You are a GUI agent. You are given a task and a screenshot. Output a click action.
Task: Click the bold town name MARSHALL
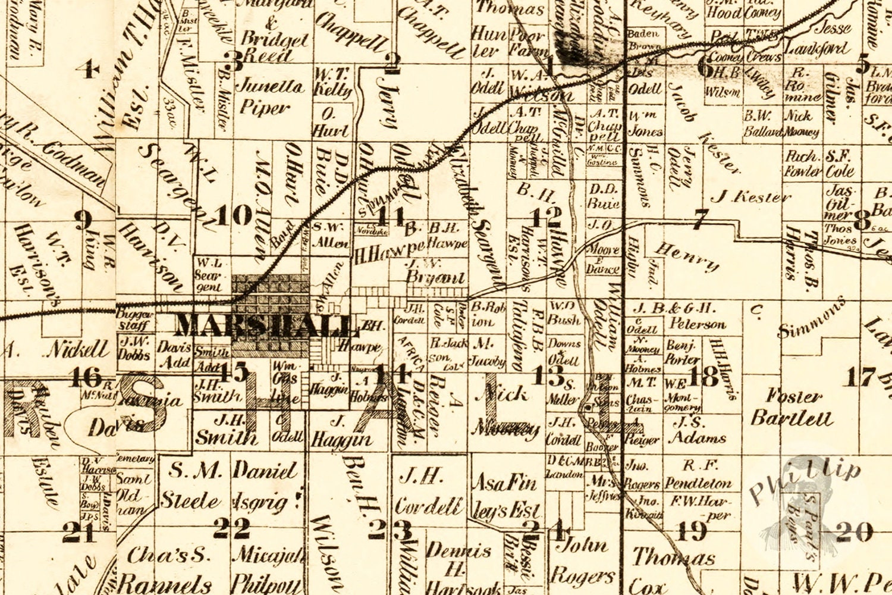click(x=265, y=325)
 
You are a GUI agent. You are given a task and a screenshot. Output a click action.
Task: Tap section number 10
click(x=234, y=215)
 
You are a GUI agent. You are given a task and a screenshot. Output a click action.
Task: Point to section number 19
click(x=692, y=531)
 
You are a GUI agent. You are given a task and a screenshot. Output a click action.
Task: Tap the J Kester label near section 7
click(x=751, y=196)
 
